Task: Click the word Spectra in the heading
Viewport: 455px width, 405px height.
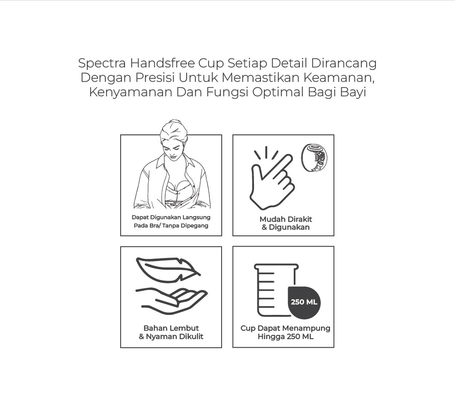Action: pyautogui.click(x=102, y=63)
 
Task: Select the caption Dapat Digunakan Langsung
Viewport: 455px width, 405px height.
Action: pyautogui.click(x=171, y=217)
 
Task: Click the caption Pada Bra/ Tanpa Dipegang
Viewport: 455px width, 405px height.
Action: pyautogui.click(x=171, y=226)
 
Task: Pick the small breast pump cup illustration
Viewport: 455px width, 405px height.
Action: pyautogui.click(x=314, y=158)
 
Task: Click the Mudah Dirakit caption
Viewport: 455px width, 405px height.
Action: pyautogui.click(x=286, y=219)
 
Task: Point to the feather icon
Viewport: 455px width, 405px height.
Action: pyautogui.click(x=168, y=270)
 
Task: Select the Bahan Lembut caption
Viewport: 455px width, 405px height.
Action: pyautogui.click(x=171, y=328)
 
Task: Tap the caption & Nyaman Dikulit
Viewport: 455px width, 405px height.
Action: pyautogui.click(x=171, y=336)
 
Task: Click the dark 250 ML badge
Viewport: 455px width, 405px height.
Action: pyautogui.click(x=304, y=302)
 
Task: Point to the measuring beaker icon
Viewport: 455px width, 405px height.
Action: pyautogui.click(x=276, y=290)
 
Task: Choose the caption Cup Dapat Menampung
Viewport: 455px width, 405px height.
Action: pyautogui.click(x=285, y=328)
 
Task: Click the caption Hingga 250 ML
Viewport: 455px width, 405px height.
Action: pyautogui.click(x=285, y=337)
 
